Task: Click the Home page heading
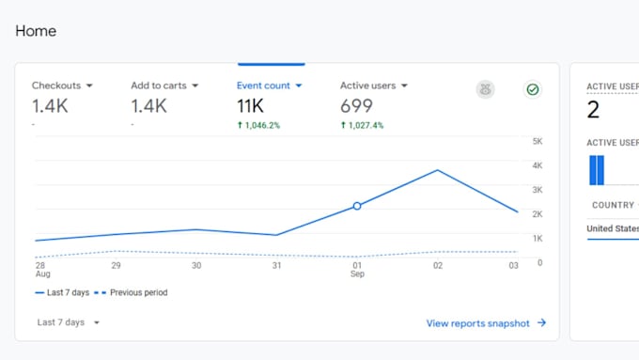point(36,31)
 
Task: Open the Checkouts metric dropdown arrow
point(89,86)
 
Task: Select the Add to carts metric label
point(159,86)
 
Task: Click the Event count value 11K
point(250,106)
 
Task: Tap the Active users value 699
point(356,106)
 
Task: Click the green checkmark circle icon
point(532,89)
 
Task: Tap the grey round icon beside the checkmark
point(485,89)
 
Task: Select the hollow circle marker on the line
point(357,206)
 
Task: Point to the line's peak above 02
point(438,170)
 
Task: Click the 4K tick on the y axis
point(538,165)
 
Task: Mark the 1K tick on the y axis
point(538,238)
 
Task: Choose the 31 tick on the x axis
point(276,265)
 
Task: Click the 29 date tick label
point(117,265)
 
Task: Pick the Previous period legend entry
point(131,292)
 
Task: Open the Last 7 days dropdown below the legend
point(68,322)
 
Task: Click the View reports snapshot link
point(486,323)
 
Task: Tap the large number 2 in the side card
point(593,109)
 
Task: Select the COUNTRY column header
point(613,205)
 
